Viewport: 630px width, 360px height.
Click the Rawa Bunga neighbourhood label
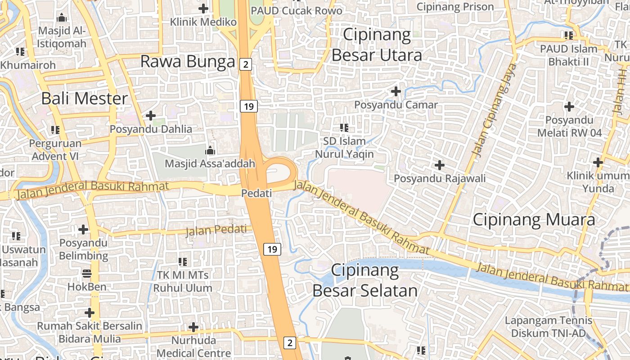188,62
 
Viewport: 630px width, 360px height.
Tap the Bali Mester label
85,99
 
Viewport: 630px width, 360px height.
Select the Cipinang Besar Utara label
377,45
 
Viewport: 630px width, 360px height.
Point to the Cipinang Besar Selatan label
365,280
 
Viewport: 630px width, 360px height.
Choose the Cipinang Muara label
534,220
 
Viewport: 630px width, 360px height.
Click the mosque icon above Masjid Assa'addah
210,151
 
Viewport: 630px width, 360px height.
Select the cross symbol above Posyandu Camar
396,91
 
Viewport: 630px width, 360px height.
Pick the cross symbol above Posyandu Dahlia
151,116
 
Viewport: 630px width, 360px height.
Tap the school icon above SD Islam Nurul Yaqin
344,128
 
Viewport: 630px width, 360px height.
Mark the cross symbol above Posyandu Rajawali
440,165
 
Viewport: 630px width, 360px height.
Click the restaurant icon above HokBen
87,273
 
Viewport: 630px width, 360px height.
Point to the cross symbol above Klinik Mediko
203,8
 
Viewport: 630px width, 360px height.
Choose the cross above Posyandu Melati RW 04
569,107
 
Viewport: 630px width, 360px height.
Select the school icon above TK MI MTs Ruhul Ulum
183,261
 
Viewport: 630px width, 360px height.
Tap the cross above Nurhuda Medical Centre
193,327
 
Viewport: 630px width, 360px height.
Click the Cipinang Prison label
455,7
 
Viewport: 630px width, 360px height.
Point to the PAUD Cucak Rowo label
297,10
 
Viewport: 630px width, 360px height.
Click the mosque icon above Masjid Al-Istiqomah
62,18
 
